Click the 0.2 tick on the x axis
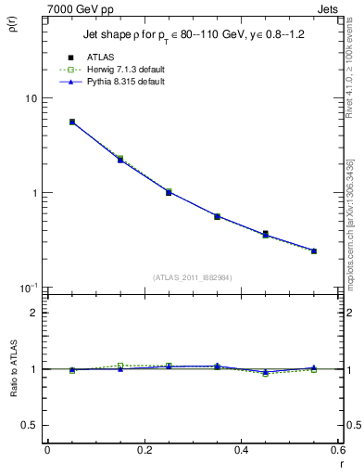(x=144, y=450)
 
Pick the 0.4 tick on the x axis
(x=241, y=450)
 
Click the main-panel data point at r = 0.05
(x=72, y=122)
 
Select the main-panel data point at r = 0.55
(x=314, y=250)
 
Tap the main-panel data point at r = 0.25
(x=169, y=192)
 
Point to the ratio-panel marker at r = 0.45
(x=266, y=372)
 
